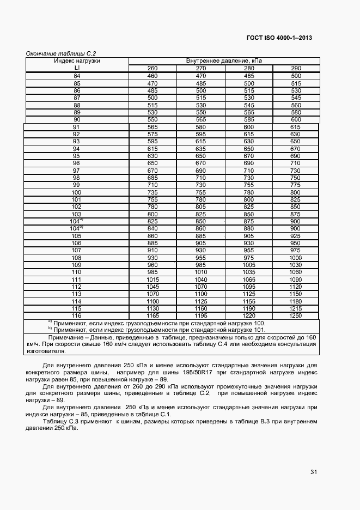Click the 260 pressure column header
(x=152, y=68)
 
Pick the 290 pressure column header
(x=296, y=68)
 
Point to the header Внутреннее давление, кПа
(x=224, y=60)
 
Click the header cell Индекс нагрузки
(x=77, y=60)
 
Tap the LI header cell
(x=77, y=68)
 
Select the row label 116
(x=76, y=316)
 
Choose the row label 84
(x=77, y=76)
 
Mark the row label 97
(x=76, y=171)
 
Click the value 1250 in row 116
(x=296, y=316)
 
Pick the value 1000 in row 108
(x=296, y=257)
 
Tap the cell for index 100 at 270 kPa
(x=200, y=192)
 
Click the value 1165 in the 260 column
(x=152, y=316)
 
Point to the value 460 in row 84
(x=152, y=76)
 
